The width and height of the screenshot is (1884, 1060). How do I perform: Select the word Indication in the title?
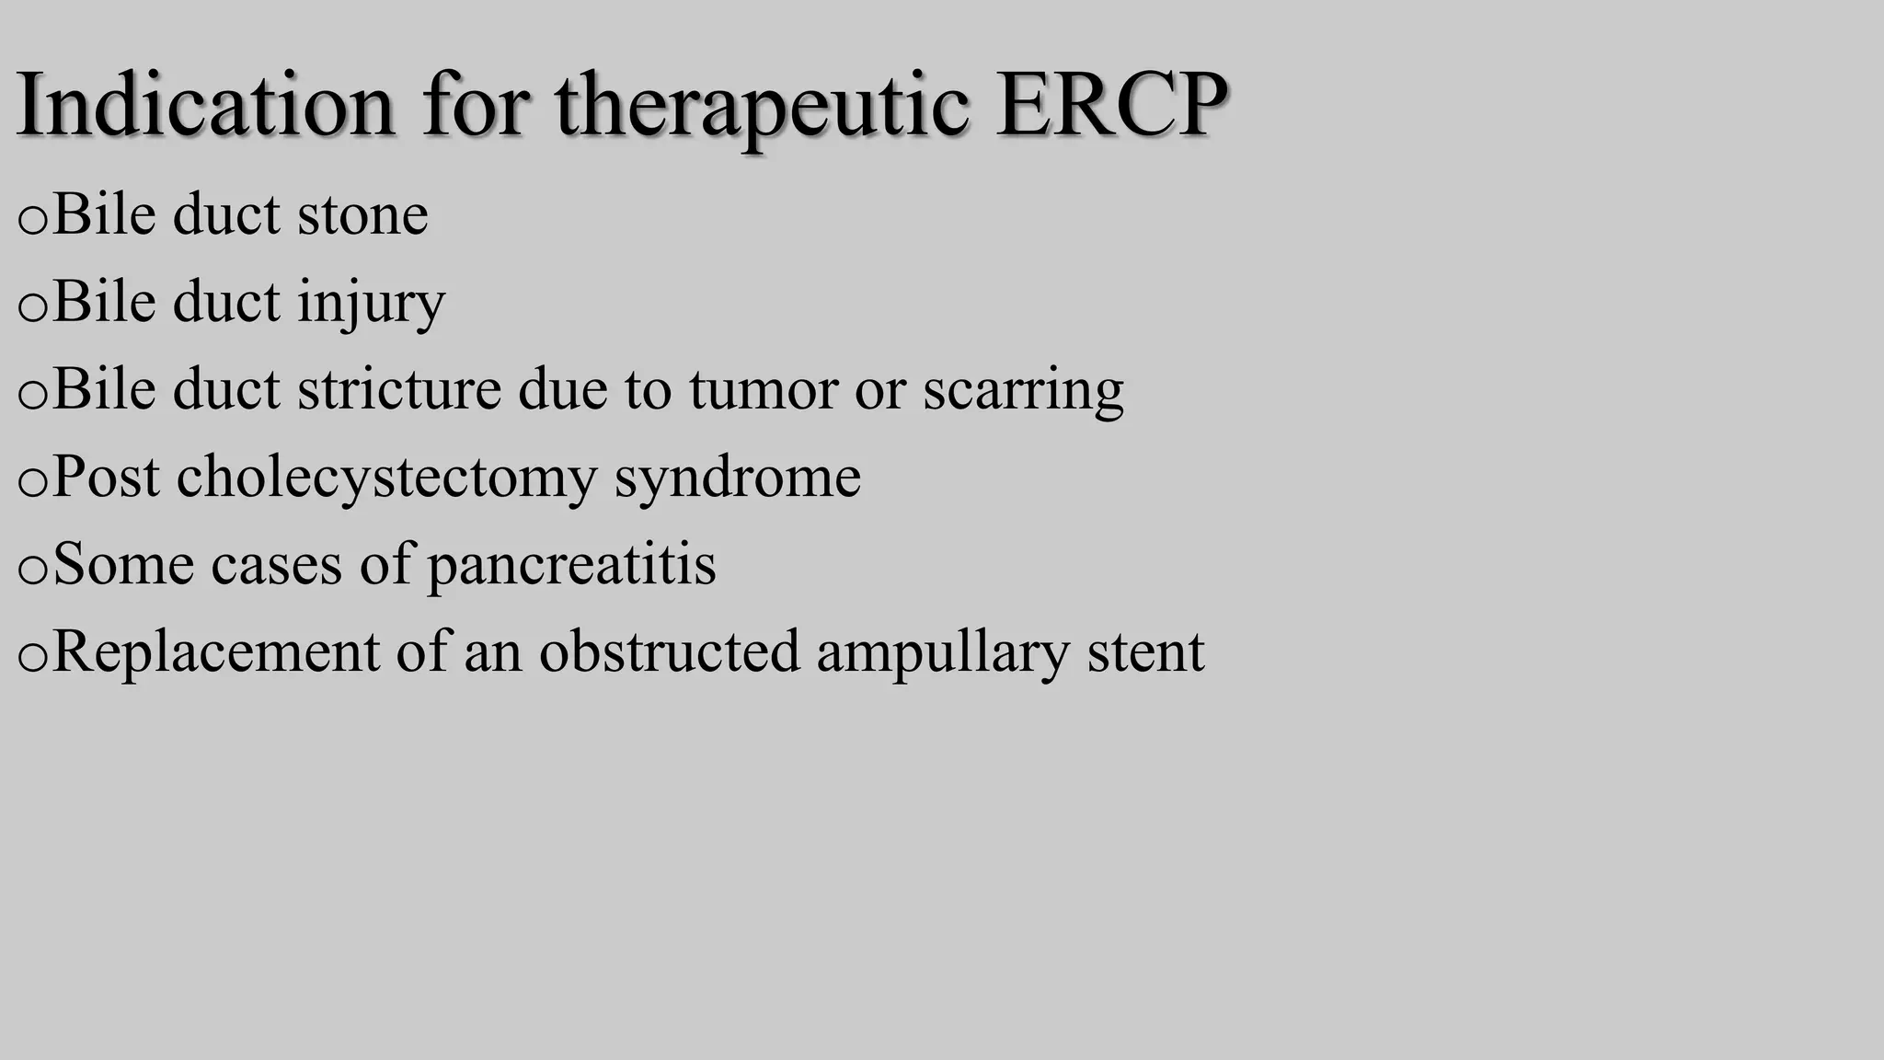[206, 105]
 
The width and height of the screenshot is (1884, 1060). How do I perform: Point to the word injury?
[372, 303]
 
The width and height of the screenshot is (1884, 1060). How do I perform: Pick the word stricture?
[399, 389]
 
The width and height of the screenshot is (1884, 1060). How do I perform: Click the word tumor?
[763, 389]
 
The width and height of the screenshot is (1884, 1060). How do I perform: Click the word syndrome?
[737, 478]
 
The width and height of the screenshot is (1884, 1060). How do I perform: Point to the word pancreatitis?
[571, 564]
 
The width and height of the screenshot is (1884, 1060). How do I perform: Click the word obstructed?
[669, 651]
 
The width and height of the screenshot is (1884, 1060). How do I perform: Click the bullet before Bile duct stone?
[32, 221]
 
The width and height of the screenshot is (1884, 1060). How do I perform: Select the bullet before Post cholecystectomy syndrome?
[32, 482]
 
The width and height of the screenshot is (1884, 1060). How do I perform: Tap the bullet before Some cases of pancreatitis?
[32, 570]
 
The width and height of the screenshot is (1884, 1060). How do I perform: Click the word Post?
[106, 478]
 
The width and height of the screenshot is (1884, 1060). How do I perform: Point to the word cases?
[276, 564]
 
